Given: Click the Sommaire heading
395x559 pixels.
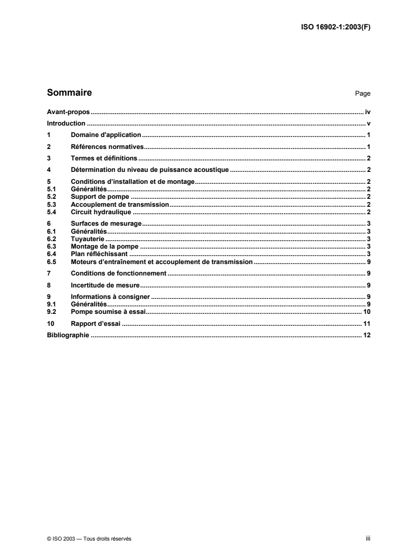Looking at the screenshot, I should tap(69, 93).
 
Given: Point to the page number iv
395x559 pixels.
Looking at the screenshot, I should tap(367, 113).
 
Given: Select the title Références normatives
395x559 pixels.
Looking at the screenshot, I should tap(107, 146).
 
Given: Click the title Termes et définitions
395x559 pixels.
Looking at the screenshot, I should tap(104, 158).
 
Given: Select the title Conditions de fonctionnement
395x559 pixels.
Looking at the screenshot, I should tap(119, 274).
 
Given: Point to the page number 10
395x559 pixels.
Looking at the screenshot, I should tap(366, 311).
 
